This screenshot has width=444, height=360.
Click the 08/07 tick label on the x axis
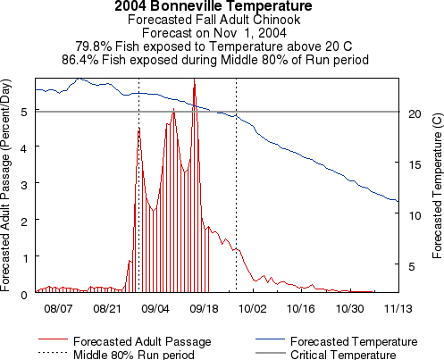[x=57, y=308]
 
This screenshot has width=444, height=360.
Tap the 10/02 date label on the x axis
[x=252, y=308]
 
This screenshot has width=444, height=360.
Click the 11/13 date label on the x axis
[x=398, y=308]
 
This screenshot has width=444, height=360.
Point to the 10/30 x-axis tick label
[x=349, y=308]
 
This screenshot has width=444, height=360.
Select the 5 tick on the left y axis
[x=23, y=111]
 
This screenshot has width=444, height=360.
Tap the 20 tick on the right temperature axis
[x=413, y=113]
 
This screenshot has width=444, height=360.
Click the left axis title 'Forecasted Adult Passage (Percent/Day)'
[x=8, y=184]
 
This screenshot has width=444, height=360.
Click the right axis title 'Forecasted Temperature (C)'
[x=436, y=184]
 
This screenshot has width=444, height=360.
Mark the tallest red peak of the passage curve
[x=195, y=81]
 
